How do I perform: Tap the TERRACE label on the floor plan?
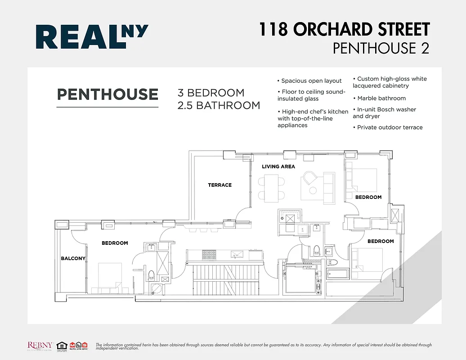click(220, 185)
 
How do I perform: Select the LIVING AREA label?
click(278, 166)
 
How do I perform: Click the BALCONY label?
click(73, 258)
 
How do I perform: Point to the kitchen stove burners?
click(209, 255)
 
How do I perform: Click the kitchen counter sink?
click(236, 255)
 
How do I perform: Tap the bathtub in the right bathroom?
click(338, 274)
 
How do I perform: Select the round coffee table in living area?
click(309, 178)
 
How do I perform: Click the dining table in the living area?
click(271, 188)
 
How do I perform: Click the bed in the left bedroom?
click(110, 277)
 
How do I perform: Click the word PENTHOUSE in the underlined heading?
click(108, 94)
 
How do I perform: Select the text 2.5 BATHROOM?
click(220, 105)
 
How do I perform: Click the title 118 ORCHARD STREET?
click(344, 30)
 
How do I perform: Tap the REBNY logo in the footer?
click(41, 345)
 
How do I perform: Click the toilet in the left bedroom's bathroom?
click(151, 274)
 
